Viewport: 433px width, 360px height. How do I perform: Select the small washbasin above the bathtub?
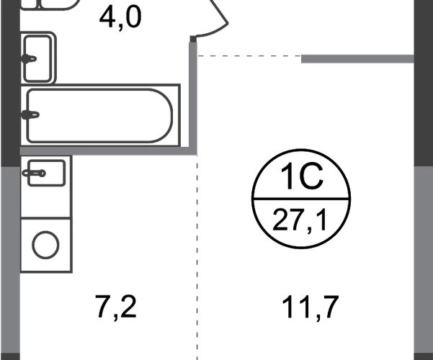pos(40,55)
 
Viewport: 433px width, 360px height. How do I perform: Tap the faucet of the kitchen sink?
pos(32,173)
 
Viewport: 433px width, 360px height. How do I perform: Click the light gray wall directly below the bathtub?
pos(108,153)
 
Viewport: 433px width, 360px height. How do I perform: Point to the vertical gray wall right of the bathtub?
pos(193,97)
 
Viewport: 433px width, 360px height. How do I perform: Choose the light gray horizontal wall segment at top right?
pos(357,58)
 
